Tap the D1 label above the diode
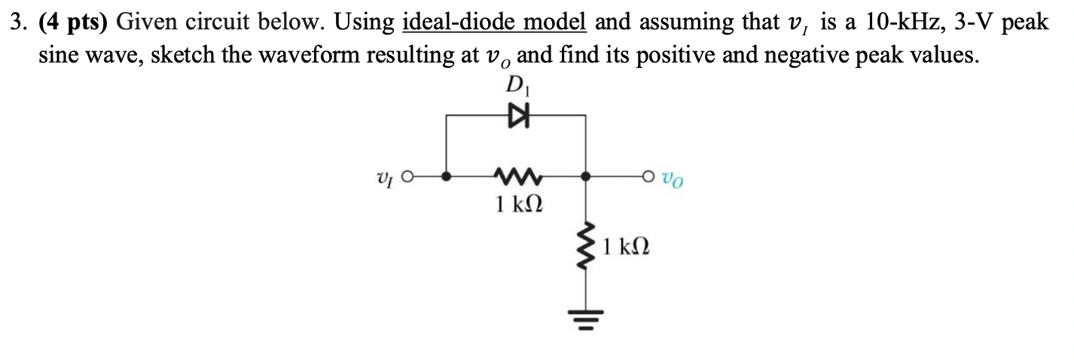click(x=518, y=85)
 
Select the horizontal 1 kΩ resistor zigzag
click(x=516, y=178)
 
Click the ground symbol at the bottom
click(x=587, y=315)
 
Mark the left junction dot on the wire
click(x=447, y=178)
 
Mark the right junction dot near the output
click(x=587, y=178)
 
